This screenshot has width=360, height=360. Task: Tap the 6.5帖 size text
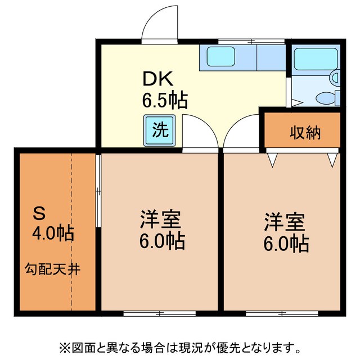point(164,101)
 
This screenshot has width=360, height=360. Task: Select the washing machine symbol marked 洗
point(160,130)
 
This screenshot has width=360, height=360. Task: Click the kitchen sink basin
point(221,57)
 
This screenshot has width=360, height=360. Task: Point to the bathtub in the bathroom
point(313,58)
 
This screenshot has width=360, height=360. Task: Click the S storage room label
point(39,213)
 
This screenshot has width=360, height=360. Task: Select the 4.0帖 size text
point(53,233)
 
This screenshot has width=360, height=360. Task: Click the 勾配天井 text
point(52,269)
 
